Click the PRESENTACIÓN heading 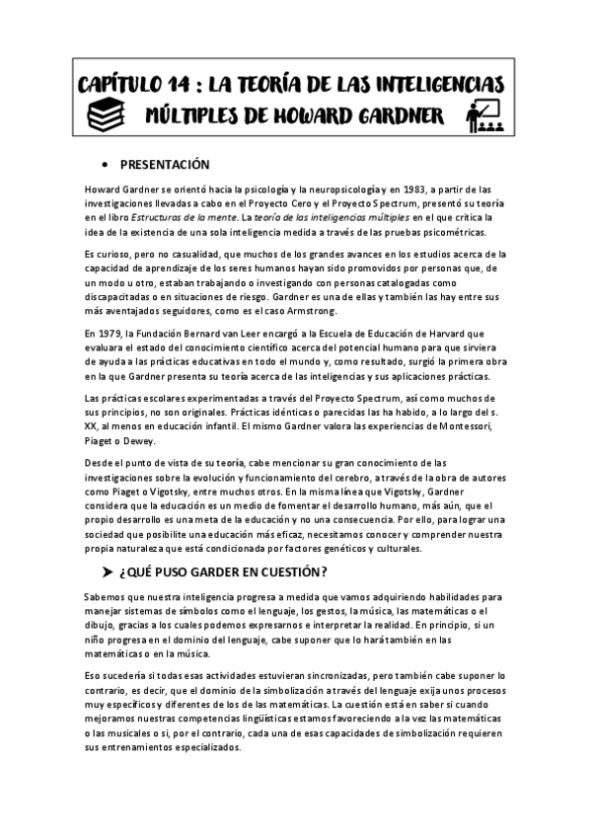[x=165, y=164]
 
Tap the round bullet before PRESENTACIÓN [x=106, y=164]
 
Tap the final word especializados [x=198, y=748]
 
